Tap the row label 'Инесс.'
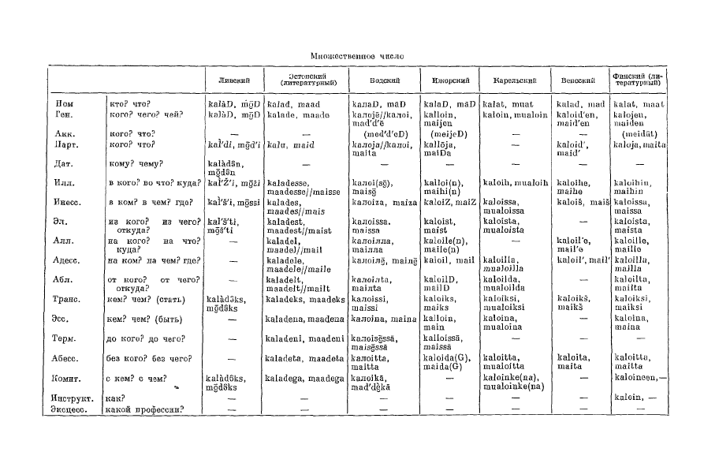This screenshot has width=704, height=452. [71, 204]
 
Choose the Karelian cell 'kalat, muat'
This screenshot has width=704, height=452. [505, 104]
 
